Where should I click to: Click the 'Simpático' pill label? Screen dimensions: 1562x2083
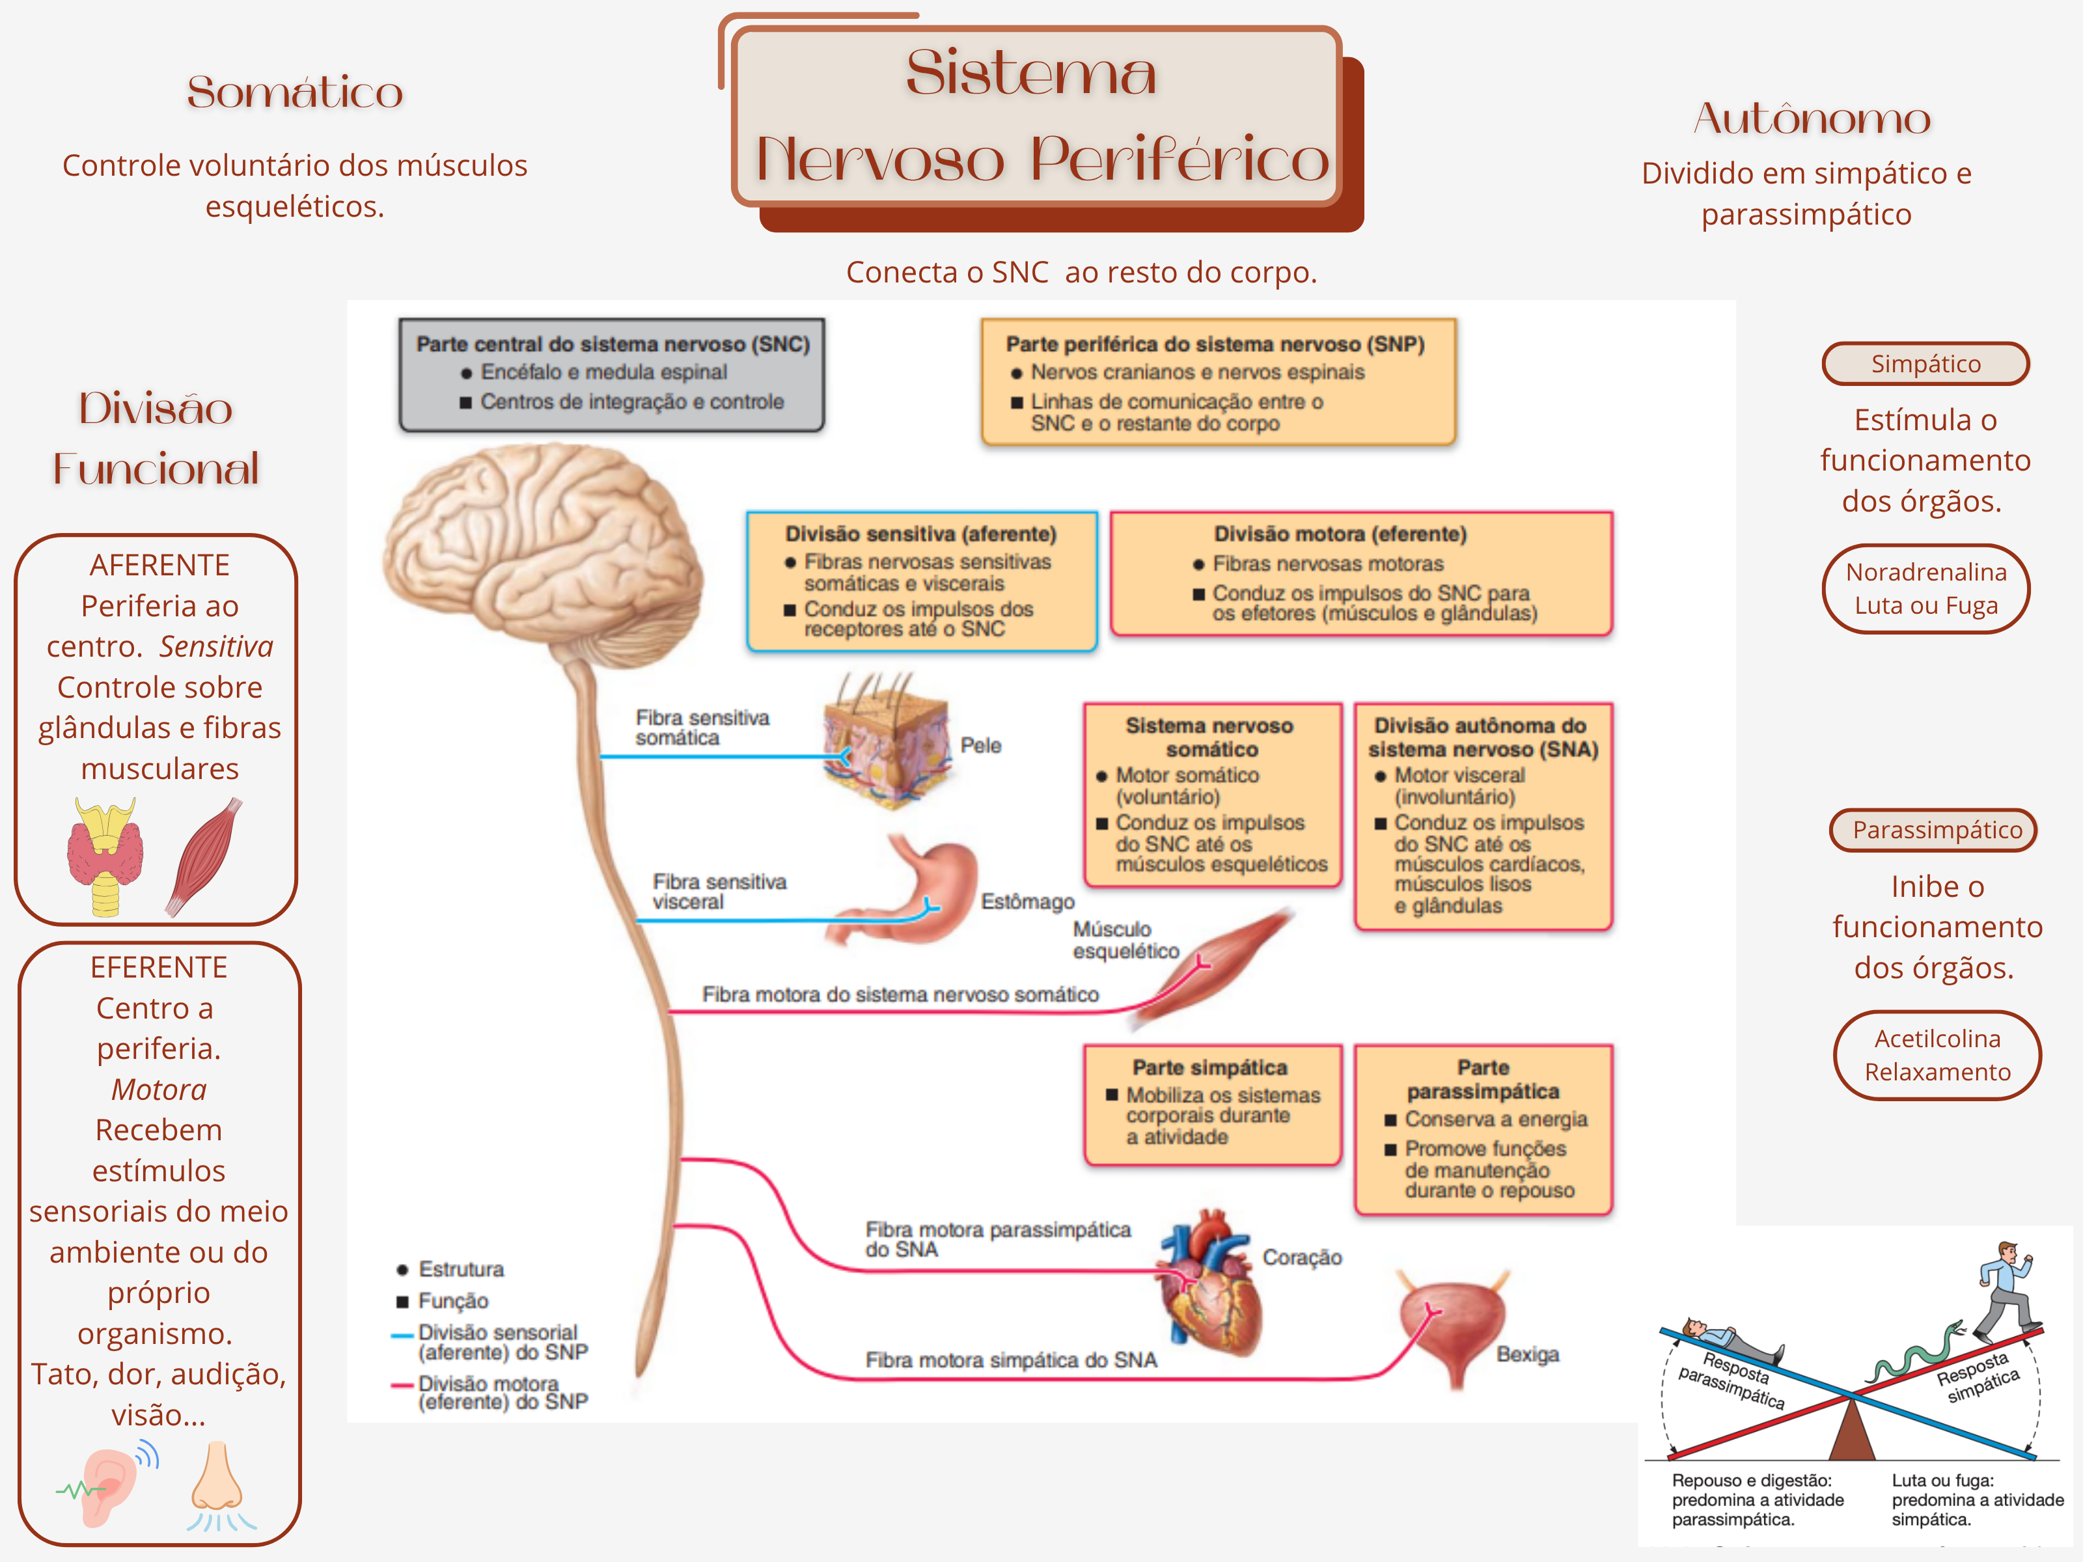(x=1925, y=363)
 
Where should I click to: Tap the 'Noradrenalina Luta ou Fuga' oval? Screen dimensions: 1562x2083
(x=1925, y=588)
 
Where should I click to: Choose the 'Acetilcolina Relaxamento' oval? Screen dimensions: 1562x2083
(x=1937, y=1054)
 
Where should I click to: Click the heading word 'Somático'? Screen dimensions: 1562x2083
(x=295, y=92)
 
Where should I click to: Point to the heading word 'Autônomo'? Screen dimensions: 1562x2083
(x=1811, y=118)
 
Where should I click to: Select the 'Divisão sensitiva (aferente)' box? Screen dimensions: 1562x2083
(x=921, y=580)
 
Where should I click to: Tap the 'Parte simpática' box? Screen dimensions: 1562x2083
(x=1212, y=1103)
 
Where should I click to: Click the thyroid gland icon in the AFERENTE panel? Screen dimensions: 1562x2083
(x=105, y=855)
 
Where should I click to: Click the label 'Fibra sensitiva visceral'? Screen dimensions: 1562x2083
(x=719, y=891)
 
